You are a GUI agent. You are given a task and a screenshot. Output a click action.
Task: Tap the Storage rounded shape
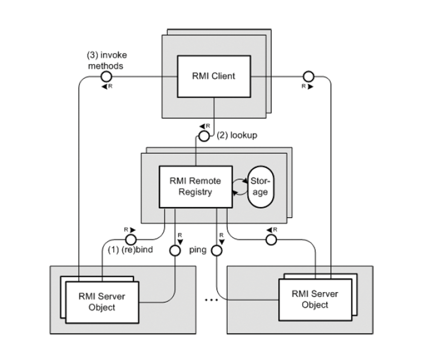click(x=260, y=187)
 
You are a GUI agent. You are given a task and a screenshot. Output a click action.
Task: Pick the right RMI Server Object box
click(x=315, y=300)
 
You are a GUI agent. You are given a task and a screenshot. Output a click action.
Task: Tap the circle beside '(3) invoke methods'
click(x=106, y=76)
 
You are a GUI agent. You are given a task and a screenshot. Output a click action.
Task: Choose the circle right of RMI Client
click(x=309, y=76)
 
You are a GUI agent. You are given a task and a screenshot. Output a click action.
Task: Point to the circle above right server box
click(x=272, y=239)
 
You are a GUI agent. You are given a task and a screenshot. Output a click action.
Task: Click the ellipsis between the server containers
click(x=211, y=300)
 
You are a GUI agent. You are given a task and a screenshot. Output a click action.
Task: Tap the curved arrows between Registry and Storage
click(x=240, y=186)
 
